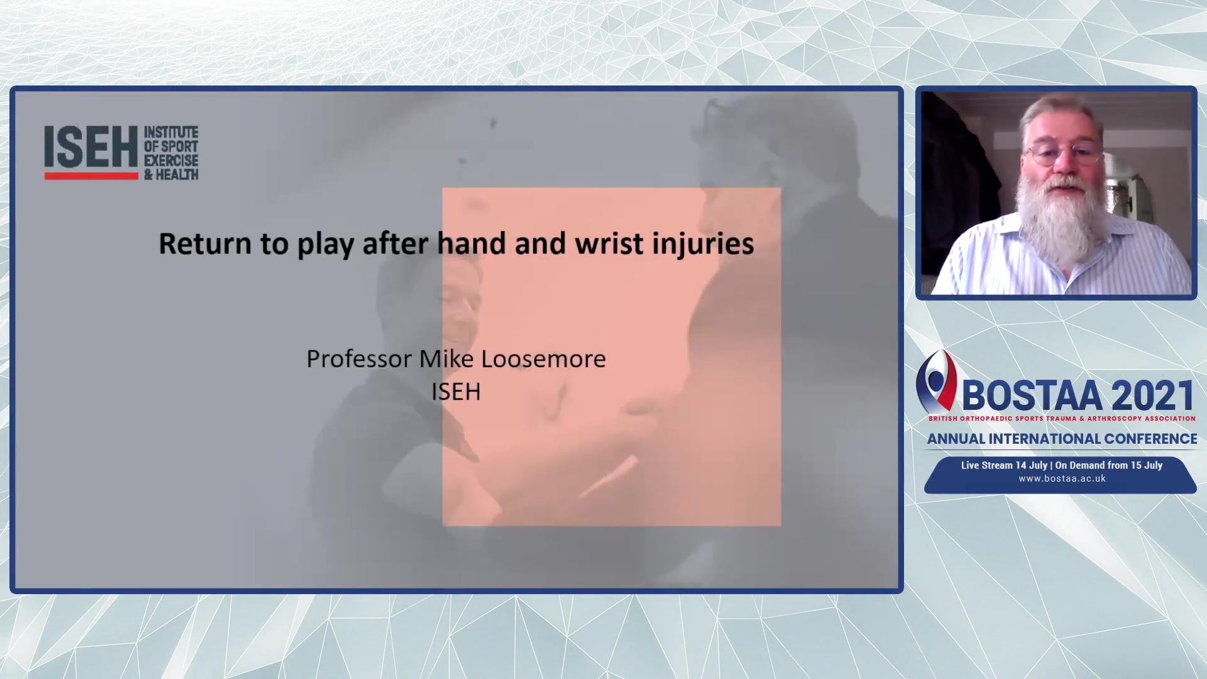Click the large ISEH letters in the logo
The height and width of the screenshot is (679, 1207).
pos(91,147)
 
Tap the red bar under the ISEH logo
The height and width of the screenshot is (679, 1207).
pos(91,176)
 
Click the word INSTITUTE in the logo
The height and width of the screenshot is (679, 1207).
pos(171,132)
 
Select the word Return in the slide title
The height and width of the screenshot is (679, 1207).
pos(205,243)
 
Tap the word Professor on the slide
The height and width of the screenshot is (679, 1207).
pos(359,359)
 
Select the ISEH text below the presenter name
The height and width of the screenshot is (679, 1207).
pos(456,392)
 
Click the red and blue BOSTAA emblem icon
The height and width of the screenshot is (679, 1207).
pos(937,382)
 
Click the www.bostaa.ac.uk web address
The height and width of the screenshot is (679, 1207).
pos(1062,478)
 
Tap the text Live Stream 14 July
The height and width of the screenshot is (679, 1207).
pos(1004,465)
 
